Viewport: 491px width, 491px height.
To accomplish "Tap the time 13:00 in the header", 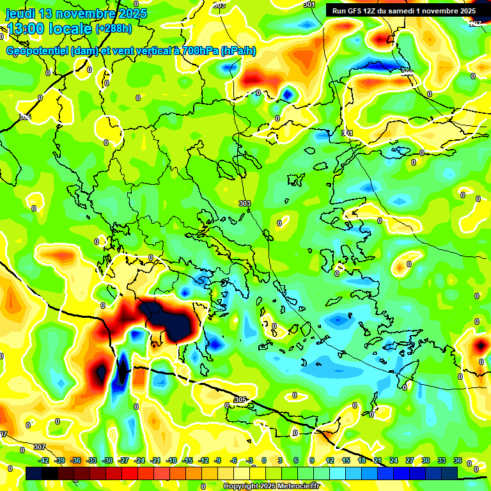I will (x=27, y=29).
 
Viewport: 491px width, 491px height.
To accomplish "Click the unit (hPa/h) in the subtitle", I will (x=238, y=51).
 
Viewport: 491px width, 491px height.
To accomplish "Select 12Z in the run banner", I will (x=375, y=11).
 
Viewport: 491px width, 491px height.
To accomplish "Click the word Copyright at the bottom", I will (x=242, y=486).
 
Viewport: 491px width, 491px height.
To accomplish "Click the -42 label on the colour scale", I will (x=43, y=460).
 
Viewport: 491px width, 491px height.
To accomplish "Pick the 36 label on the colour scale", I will (x=458, y=460).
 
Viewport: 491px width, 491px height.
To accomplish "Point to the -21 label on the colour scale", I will (x=155, y=460).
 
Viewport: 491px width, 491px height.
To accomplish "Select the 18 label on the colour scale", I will (x=361, y=460).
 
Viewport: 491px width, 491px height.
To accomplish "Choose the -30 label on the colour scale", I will (x=107, y=460).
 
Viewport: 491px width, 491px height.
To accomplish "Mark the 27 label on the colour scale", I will (x=409, y=460).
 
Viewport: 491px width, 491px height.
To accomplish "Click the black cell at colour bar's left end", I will (x=34, y=473).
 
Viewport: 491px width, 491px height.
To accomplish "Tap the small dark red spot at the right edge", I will (x=481, y=346).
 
